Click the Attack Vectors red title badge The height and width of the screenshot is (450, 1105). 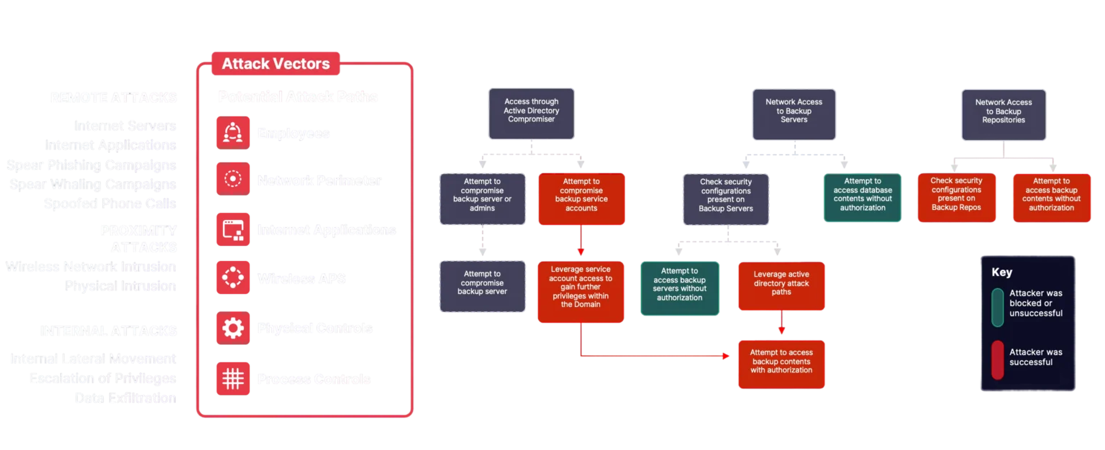tap(276, 63)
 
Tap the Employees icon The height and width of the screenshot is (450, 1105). tap(232, 132)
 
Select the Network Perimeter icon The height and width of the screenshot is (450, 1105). tap(232, 180)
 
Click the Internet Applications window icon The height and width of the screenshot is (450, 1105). tap(232, 230)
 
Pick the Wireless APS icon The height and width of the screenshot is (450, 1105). tap(232, 278)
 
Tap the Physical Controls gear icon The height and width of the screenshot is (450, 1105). tap(232, 329)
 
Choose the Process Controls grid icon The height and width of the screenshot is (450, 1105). tap(232, 379)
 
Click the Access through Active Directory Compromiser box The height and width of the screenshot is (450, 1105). tap(532, 114)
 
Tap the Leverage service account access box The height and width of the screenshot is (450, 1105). tap(580, 291)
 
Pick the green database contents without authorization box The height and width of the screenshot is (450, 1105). tap(863, 198)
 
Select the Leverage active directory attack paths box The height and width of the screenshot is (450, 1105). tap(781, 285)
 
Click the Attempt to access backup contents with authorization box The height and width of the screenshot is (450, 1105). tap(781, 364)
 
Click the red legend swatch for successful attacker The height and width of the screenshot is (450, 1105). tap(997, 359)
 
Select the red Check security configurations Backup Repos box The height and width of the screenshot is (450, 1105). tap(956, 198)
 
